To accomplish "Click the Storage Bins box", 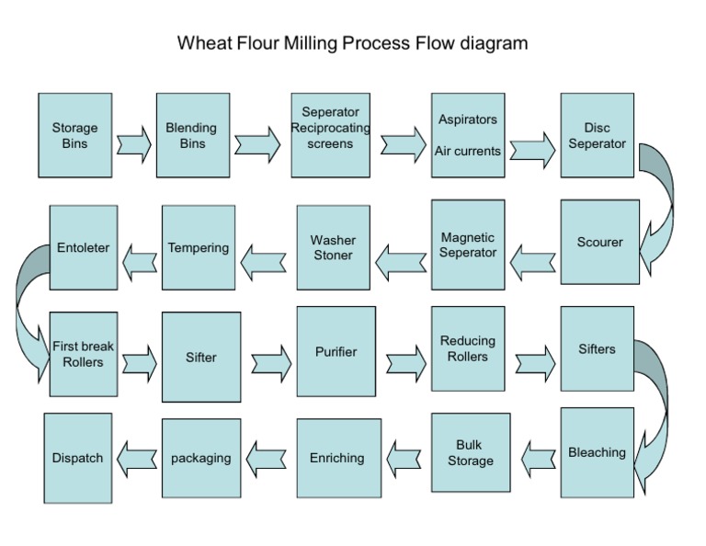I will click(x=74, y=135).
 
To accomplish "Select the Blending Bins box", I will click(x=192, y=135).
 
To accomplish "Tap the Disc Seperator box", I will click(x=597, y=135).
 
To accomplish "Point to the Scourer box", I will click(x=599, y=242).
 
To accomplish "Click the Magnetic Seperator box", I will click(x=468, y=245).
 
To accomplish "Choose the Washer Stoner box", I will click(x=333, y=247).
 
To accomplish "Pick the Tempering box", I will click(x=198, y=247).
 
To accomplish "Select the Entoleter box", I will click(x=84, y=247).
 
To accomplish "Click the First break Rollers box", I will click(x=84, y=354).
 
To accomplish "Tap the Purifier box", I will click(x=336, y=351).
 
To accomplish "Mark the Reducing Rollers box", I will click(x=467, y=349).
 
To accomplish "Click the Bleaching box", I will click(x=597, y=451).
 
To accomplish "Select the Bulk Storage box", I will click(x=470, y=453).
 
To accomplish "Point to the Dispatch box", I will click(x=77, y=457).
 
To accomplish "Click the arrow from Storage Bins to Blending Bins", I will click(x=134, y=144).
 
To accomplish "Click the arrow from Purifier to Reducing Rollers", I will click(x=405, y=360).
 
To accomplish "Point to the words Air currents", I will click(x=468, y=151).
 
